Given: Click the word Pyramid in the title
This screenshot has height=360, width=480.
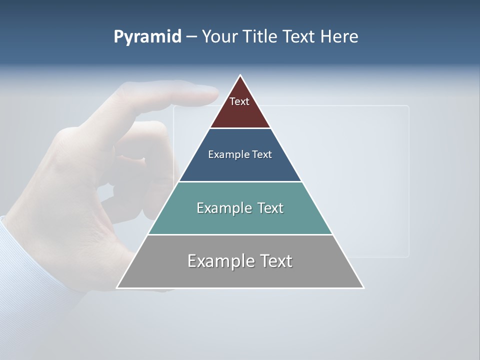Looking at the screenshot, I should point(147,37).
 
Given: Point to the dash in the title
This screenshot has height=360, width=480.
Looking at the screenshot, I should point(191,37).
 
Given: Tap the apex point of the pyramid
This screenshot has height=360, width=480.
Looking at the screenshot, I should point(240,75).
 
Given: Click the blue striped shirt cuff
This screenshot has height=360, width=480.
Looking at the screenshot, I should point(30,270).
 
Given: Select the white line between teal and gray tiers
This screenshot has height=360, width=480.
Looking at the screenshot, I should point(240,234).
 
